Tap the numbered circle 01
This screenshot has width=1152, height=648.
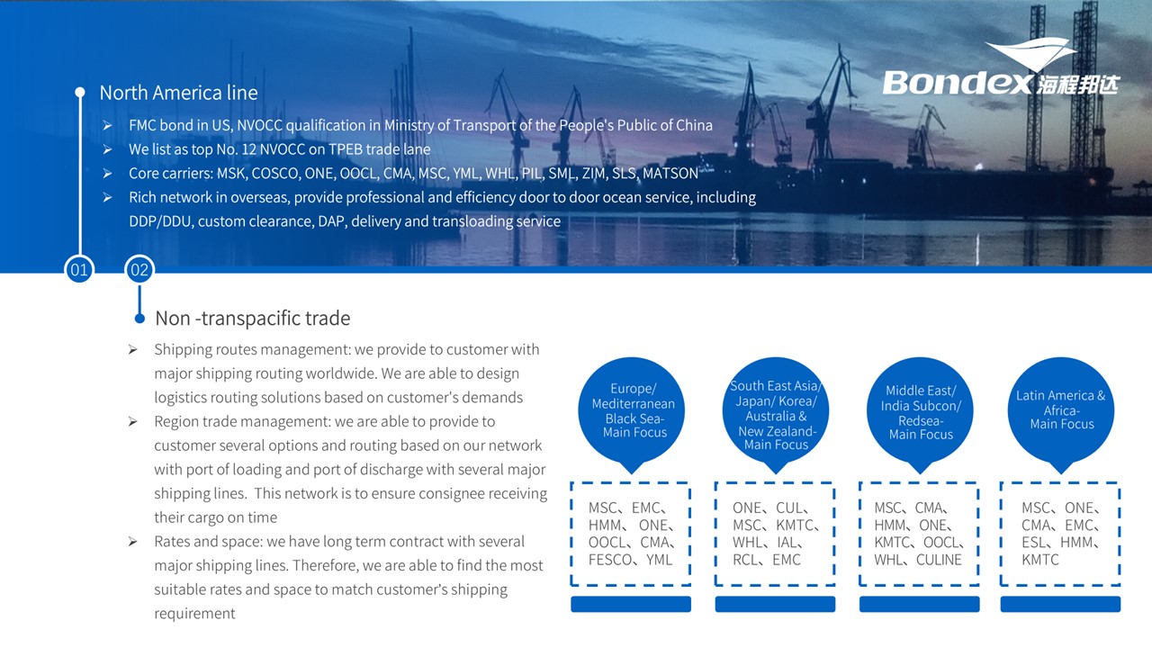(x=79, y=269)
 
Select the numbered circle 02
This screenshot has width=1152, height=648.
(x=139, y=269)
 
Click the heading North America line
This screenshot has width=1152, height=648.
(x=178, y=93)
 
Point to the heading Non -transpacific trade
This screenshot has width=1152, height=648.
(x=253, y=319)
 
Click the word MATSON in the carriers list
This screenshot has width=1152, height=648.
(x=670, y=174)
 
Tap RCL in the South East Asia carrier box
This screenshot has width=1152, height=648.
(x=744, y=560)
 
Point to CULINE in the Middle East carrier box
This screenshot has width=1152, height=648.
(x=939, y=560)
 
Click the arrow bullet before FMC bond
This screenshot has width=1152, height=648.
(x=107, y=125)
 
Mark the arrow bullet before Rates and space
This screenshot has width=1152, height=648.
(x=132, y=542)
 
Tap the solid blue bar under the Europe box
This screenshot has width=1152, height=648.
(x=631, y=604)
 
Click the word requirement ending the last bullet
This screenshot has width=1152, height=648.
(x=194, y=614)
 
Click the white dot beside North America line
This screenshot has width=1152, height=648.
(x=80, y=92)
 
